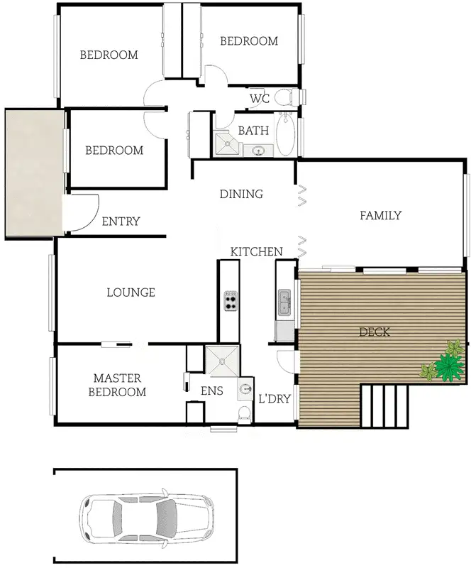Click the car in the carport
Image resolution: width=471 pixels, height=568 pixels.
(x=145, y=514)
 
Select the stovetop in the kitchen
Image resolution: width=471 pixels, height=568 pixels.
(x=230, y=301)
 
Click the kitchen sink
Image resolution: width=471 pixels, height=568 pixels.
(x=284, y=302)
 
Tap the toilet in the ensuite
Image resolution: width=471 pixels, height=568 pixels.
(x=245, y=413)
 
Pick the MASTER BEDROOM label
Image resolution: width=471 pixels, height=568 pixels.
(x=119, y=385)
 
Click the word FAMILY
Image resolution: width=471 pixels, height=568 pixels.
(x=380, y=216)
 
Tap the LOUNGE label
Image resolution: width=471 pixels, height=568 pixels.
(x=131, y=292)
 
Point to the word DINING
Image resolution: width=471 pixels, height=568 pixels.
(x=241, y=194)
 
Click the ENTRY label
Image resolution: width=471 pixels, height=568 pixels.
(x=121, y=222)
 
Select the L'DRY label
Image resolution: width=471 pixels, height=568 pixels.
(x=274, y=398)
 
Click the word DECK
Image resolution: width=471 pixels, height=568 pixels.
(x=375, y=332)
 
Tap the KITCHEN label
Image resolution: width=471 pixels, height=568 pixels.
(x=256, y=251)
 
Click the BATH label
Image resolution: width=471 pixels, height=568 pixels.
(x=253, y=131)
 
